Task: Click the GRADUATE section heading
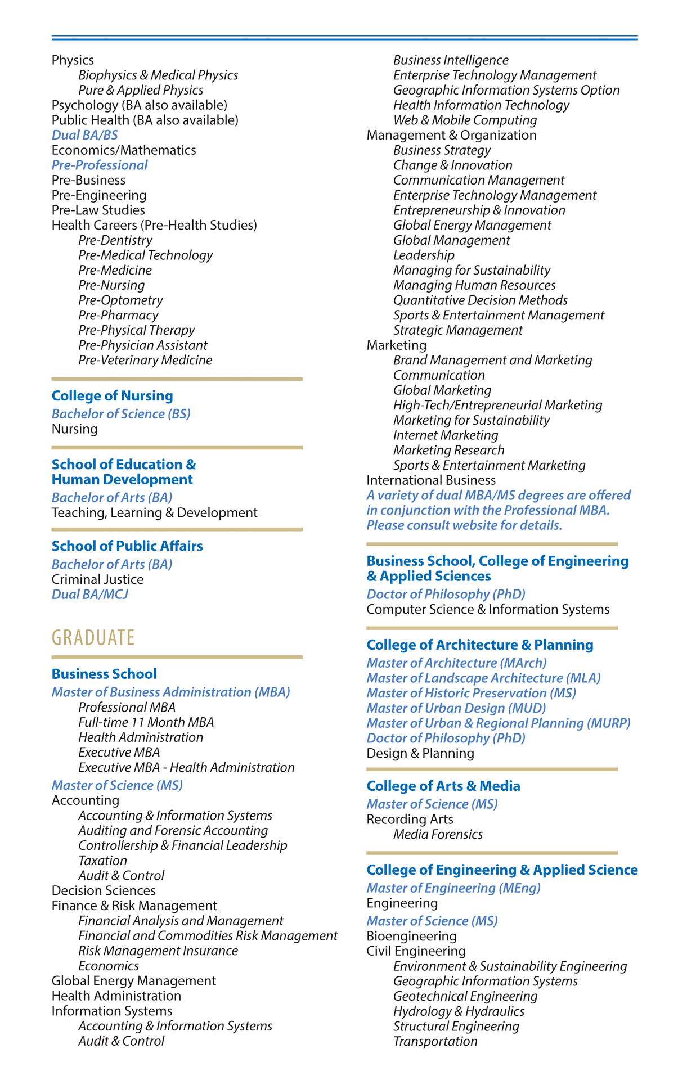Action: (x=93, y=638)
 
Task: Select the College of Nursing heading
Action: (x=112, y=396)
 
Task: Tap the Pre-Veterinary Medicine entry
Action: (x=145, y=361)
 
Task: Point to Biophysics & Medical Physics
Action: (x=158, y=75)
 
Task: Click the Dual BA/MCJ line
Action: (x=90, y=595)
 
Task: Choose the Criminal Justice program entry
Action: (x=97, y=579)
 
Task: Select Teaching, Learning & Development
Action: (x=154, y=513)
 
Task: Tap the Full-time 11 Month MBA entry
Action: (x=146, y=722)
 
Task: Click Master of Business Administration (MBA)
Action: (x=170, y=692)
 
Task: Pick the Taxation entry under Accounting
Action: (x=102, y=861)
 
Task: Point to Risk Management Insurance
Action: (x=158, y=951)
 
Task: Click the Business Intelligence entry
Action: (x=451, y=60)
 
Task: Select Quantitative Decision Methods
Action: (x=480, y=300)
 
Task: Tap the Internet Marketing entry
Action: (x=446, y=435)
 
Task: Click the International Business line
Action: (x=431, y=480)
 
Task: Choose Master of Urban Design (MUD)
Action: (x=456, y=708)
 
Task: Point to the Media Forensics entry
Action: (x=438, y=835)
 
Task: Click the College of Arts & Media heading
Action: (x=443, y=786)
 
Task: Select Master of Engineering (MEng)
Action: (x=453, y=888)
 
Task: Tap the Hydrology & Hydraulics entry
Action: (x=459, y=1011)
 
